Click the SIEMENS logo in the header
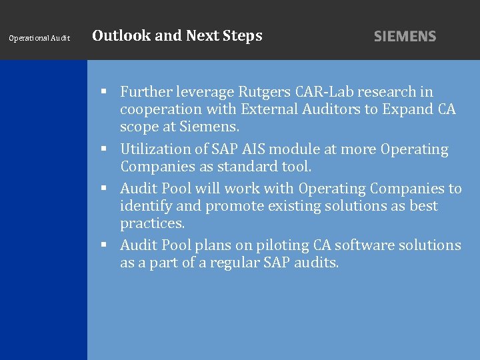click(405, 37)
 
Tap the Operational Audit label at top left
click(39, 39)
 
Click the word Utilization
click(151, 149)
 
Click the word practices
click(152, 223)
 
